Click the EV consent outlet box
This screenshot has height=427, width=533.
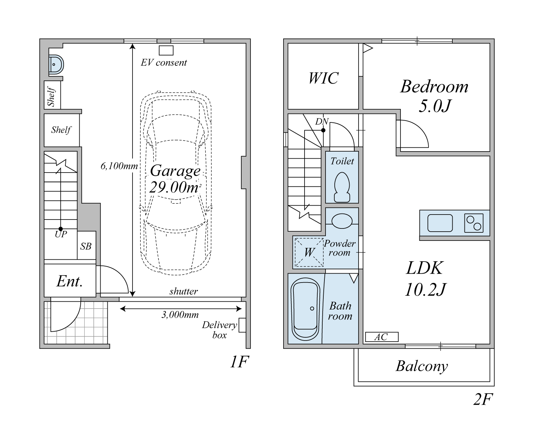(166, 51)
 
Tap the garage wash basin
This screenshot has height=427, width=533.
(56, 64)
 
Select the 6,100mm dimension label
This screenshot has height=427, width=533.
(119, 166)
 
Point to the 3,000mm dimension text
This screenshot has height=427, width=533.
(180, 315)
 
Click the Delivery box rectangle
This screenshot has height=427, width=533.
(242, 325)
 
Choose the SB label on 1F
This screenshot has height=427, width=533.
(86, 246)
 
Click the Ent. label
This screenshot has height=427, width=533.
(70, 281)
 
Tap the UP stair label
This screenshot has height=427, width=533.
(61, 234)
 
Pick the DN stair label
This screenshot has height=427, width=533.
(322, 121)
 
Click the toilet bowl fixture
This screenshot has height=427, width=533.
(342, 187)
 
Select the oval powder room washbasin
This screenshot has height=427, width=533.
(342, 221)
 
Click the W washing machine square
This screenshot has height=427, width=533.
(309, 252)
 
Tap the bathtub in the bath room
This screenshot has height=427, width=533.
(305, 309)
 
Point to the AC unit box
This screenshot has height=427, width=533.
(382, 337)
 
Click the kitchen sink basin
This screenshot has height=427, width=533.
(440, 223)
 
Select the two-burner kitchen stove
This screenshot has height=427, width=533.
(474, 223)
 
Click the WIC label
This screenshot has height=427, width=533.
(323, 78)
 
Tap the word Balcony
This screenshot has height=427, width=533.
(422, 366)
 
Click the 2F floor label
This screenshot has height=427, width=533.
(483, 399)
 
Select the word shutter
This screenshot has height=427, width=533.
(183, 291)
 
